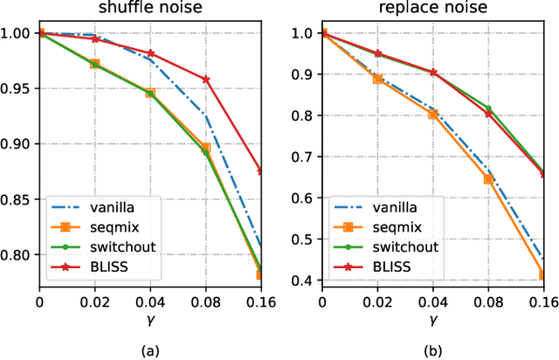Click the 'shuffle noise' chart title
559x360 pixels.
click(x=151, y=10)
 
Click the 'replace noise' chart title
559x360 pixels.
click(x=434, y=10)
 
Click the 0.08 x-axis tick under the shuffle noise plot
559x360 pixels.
click(x=206, y=302)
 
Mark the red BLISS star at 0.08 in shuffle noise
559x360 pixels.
click(x=206, y=80)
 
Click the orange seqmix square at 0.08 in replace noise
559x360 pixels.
click(x=489, y=179)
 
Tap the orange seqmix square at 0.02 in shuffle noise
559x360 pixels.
click(x=94, y=64)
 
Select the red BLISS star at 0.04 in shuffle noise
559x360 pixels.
click(x=150, y=53)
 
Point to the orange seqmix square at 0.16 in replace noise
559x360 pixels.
click(x=544, y=274)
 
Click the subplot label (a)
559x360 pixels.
click(x=151, y=350)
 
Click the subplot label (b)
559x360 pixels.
click(x=434, y=350)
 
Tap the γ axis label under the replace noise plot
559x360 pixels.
click(x=434, y=320)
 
